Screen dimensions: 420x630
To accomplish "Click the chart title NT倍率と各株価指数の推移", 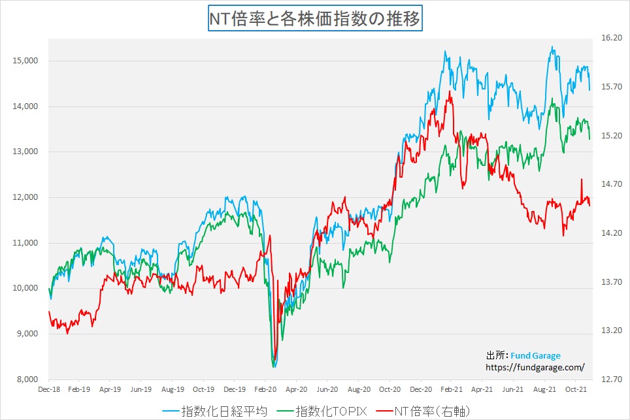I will point(315,18).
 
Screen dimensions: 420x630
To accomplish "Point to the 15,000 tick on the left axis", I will point(25,61).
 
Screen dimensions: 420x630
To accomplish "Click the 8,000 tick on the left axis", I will point(27,380).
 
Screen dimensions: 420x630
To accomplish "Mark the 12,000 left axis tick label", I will point(25,197).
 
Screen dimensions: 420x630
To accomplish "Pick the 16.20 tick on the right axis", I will point(610,38).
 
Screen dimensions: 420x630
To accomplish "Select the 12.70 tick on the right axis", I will point(610,380).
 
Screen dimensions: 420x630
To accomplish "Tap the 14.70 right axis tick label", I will point(610,184).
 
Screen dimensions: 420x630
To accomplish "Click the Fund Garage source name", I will point(535,356).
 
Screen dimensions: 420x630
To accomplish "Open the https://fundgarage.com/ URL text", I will point(535,368).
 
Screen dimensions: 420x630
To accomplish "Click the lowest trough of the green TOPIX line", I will point(273,367).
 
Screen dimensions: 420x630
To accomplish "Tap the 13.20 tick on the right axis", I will point(610,331).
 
